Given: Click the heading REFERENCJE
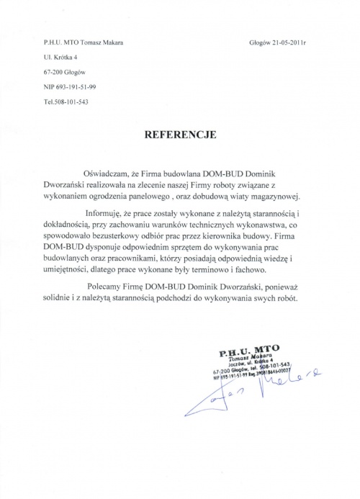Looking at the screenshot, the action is [179, 135].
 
